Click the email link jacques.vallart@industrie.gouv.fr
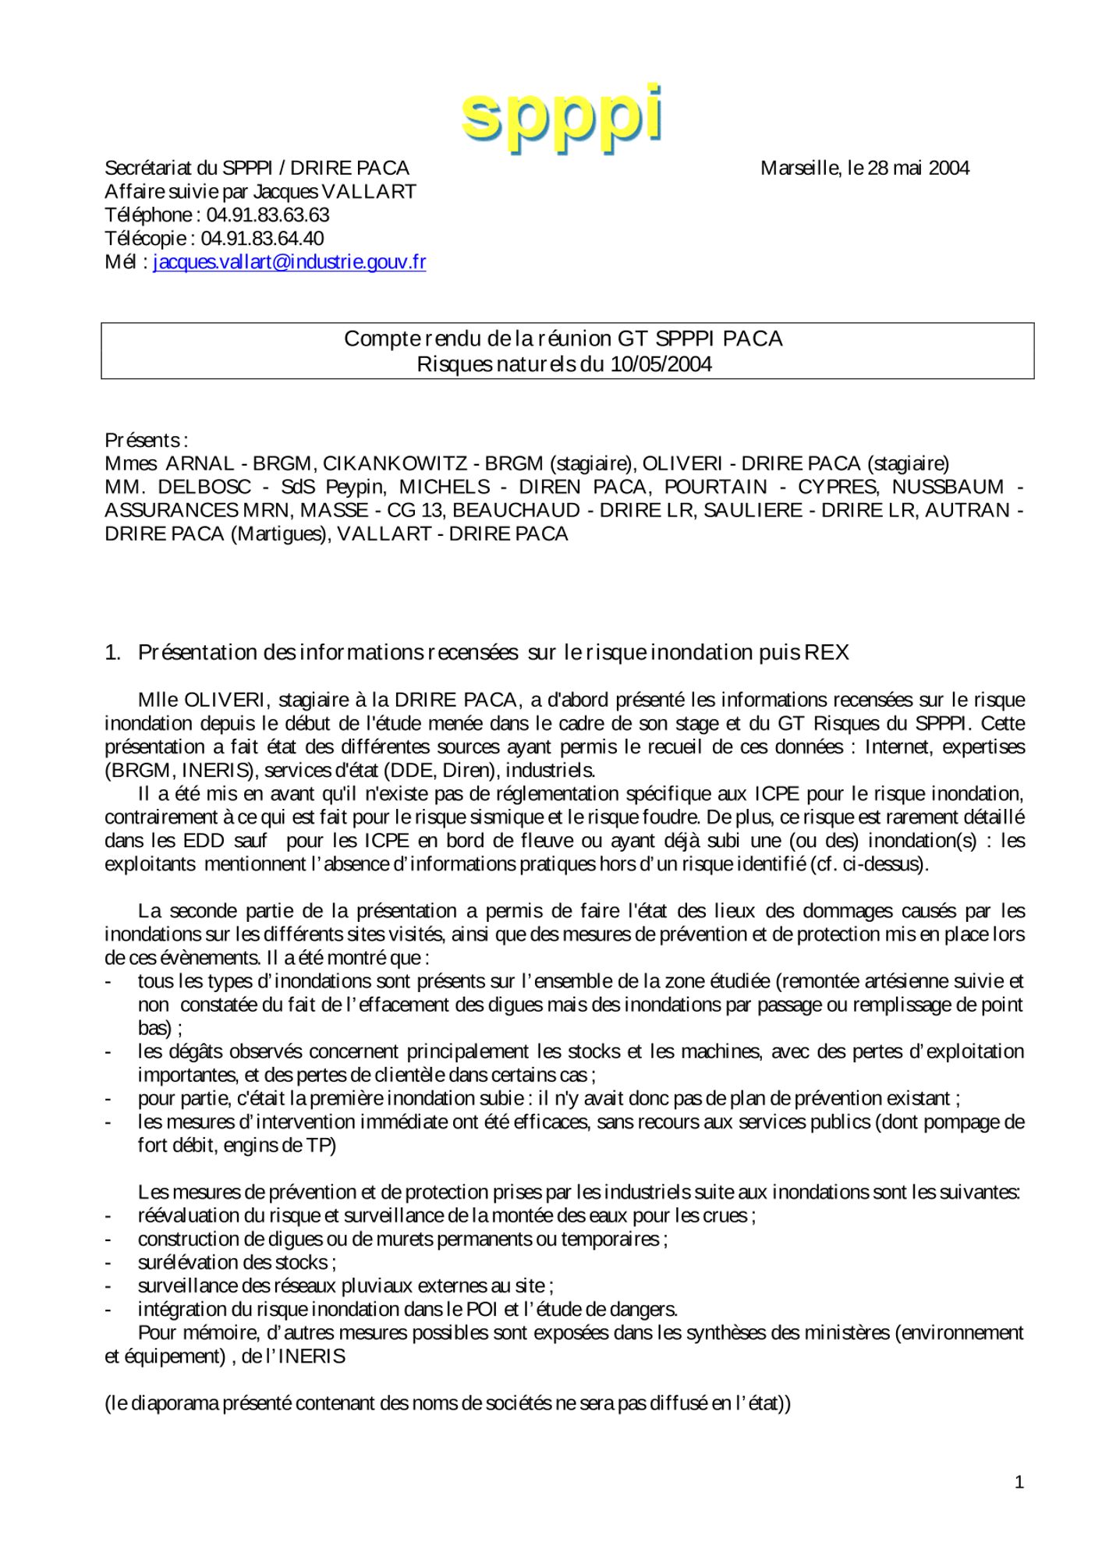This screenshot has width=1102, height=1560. [x=289, y=262]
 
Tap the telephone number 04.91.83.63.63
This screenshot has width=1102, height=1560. [x=268, y=215]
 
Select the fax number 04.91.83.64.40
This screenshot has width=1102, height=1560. [x=262, y=239]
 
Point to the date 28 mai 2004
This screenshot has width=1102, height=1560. [x=918, y=168]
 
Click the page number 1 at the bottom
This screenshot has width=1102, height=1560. [x=1019, y=1483]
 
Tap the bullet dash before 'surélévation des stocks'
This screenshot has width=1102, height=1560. [x=109, y=1263]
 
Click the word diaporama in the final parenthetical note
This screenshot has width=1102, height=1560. [x=175, y=1403]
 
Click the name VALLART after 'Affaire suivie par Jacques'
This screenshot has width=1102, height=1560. [x=369, y=192]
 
